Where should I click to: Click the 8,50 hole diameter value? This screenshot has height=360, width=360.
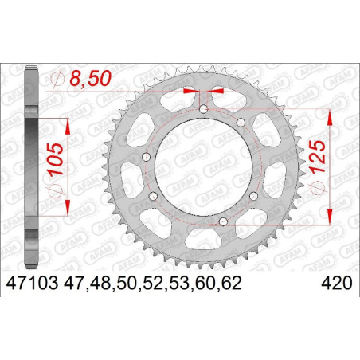(x=90, y=78)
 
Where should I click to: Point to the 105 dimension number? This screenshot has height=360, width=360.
(x=55, y=159)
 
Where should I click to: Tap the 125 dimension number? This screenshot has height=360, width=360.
(x=317, y=157)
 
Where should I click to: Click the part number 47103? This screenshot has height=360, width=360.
(x=32, y=284)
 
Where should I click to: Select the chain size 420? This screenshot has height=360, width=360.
(x=337, y=284)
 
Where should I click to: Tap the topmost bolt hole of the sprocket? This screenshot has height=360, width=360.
(x=203, y=109)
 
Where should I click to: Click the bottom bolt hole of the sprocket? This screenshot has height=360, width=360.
(x=223, y=221)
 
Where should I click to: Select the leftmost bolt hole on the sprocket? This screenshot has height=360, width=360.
(x=147, y=157)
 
